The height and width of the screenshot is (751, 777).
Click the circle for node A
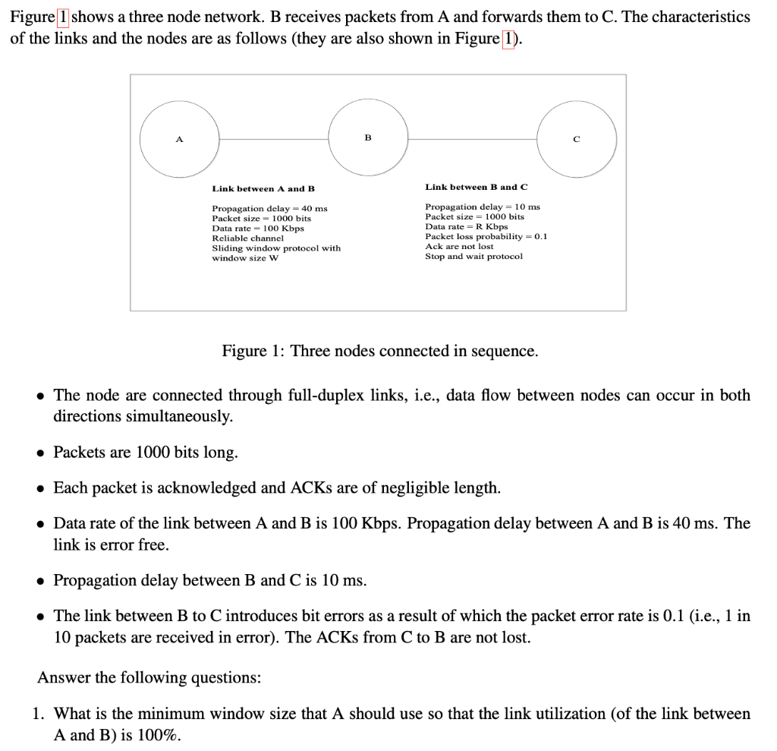pyautogui.click(x=179, y=139)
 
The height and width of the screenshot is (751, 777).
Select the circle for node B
pyautogui.click(x=368, y=139)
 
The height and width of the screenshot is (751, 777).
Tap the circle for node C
pyautogui.click(x=577, y=139)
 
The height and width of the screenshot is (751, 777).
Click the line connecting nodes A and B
pyautogui.click(x=274, y=139)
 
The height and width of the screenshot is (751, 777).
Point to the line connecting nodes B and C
pyautogui.click(x=472, y=139)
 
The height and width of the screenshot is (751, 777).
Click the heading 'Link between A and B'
pyautogui.click(x=263, y=188)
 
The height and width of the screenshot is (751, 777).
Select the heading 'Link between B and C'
pyautogui.click(x=476, y=187)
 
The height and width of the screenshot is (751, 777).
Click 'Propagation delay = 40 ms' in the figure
pyautogui.click(x=269, y=208)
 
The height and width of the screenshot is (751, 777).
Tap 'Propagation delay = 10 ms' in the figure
pyautogui.click(x=483, y=207)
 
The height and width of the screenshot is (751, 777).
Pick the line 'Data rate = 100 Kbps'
pyautogui.click(x=257, y=228)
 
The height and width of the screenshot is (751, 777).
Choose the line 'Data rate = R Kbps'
pyautogui.click(x=466, y=226)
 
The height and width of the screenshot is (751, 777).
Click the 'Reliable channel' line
pyautogui.click(x=247, y=238)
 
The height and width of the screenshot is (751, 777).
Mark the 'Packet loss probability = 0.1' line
pyautogui.click(x=486, y=236)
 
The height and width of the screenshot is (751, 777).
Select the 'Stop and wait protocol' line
pyautogui.click(x=473, y=256)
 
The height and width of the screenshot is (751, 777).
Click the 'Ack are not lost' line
pyautogui.click(x=459, y=246)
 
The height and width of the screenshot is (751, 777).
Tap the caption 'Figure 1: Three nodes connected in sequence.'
pyautogui.click(x=379, y=351)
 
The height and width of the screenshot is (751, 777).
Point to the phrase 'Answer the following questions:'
pyautogui.click(x=149, y=677)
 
